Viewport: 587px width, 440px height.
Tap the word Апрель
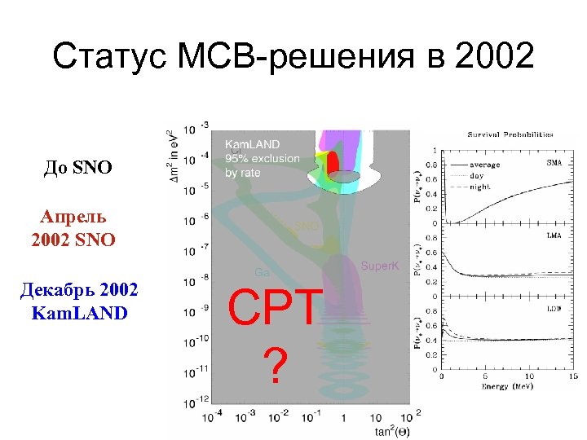(x=73, y=218)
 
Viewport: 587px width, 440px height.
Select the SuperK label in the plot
(x=380, y=266)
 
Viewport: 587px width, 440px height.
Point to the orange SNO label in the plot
(x=306, y=226)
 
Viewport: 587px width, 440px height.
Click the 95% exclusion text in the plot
(x=262, y=158)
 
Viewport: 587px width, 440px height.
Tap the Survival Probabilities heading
(x=510, y=134)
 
